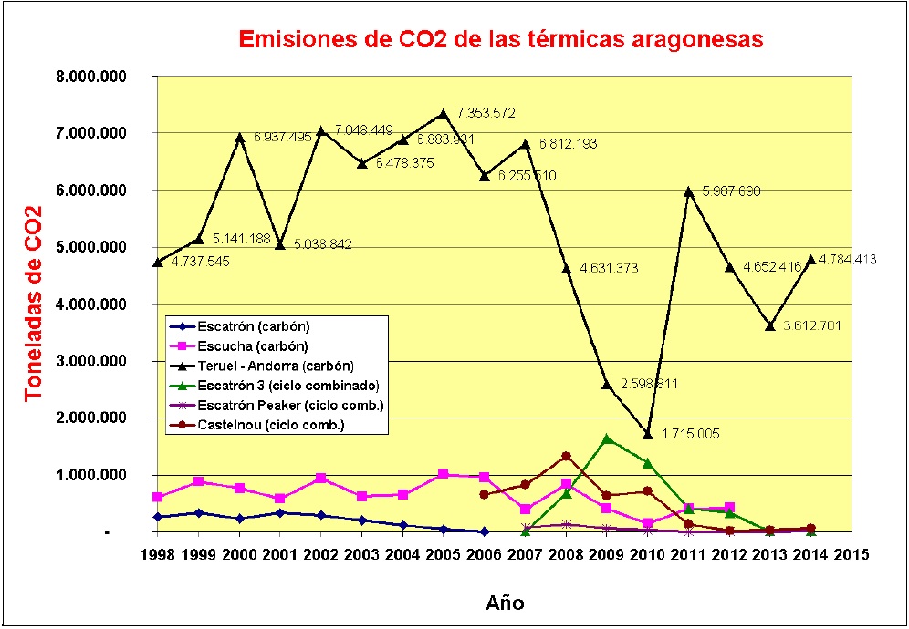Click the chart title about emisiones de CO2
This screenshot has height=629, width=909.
[499, 40]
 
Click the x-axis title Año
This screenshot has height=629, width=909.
[504, 603]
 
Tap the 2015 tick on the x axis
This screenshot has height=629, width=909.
[851, 554]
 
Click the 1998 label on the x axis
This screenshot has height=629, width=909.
[158, 554]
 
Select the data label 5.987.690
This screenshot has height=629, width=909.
[732, 191]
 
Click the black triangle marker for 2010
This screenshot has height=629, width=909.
[648, 434]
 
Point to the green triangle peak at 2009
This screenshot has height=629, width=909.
[607, 438]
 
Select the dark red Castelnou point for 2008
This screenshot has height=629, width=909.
[566, 456]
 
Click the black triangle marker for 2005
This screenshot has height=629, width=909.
[444, 114]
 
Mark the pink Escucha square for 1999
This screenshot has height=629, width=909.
[199, 481]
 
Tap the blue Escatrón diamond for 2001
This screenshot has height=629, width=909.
[280, 512]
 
